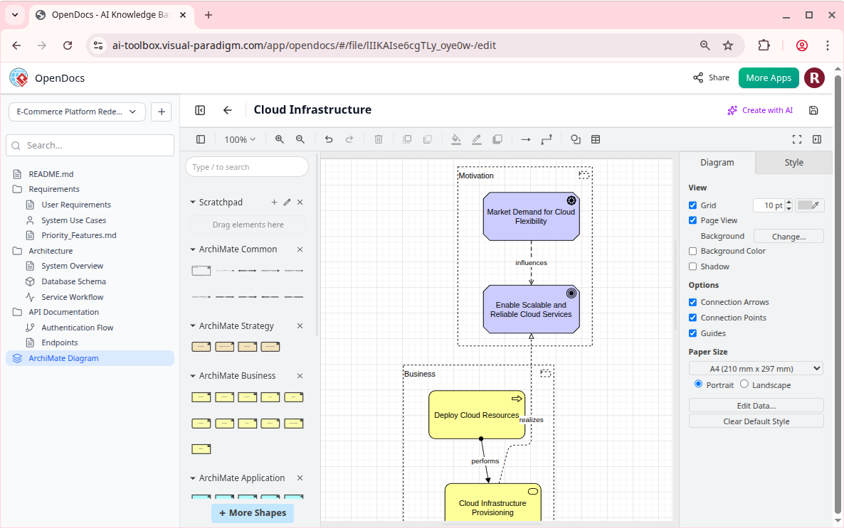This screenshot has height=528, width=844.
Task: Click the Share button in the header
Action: tap(711, 77)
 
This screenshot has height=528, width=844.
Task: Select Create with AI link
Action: tap(760, 110)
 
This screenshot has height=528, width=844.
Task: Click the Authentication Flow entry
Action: tap(77, 328)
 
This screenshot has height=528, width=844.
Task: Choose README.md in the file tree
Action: tap(51, 174)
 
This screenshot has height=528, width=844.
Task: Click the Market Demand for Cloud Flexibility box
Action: tap(531, 217)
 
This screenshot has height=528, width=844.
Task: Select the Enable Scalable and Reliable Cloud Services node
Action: tap(531, 310)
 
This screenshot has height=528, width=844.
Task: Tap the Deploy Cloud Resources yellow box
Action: tap(476, 415)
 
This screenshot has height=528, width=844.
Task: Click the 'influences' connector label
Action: tap(531, 263)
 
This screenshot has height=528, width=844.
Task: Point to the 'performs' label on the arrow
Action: tap(485, 461)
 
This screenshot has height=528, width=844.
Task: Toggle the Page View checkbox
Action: tap(693, 220)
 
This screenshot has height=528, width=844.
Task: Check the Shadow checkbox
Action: tap(693, 266)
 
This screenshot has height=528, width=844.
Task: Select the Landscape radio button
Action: tap(744, 384)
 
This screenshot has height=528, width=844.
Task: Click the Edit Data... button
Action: tap(756, 406)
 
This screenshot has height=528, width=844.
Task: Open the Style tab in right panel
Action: tap(793, 163)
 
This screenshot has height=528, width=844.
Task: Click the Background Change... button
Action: tap(788, 236)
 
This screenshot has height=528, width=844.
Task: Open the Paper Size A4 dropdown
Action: tap(756, 369)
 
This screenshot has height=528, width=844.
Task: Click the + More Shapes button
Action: tap(253, 513)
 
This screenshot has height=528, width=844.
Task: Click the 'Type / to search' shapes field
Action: tap(247, 167)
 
